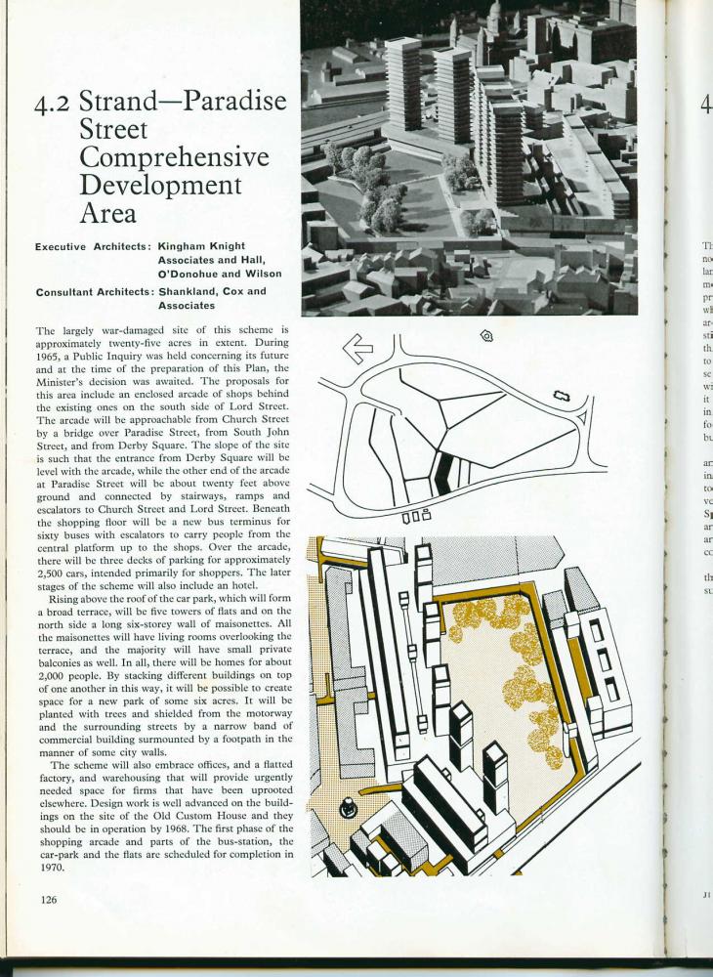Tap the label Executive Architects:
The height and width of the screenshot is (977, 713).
(91, 248)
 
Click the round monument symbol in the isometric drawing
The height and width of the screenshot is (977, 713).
(346, 807)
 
